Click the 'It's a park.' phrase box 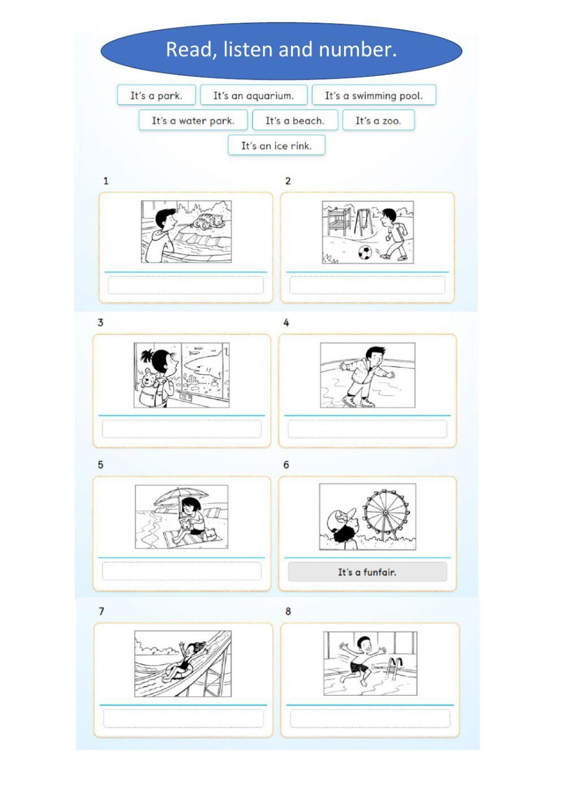pos(156,95)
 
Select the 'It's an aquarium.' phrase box pos(254,95)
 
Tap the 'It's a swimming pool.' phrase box pos(374,95)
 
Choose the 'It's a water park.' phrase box pos(193,120)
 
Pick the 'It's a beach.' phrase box pos(295,120)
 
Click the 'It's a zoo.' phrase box pos(379,120)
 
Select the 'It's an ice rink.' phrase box pos(276,145)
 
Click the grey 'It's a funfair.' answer pos(367,572)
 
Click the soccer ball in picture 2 pos(365,251)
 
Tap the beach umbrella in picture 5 pos(181,497)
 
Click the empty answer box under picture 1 pos(186,285)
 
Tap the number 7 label pos(101,611)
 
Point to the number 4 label pos(286,323)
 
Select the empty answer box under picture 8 pos(370,718)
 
